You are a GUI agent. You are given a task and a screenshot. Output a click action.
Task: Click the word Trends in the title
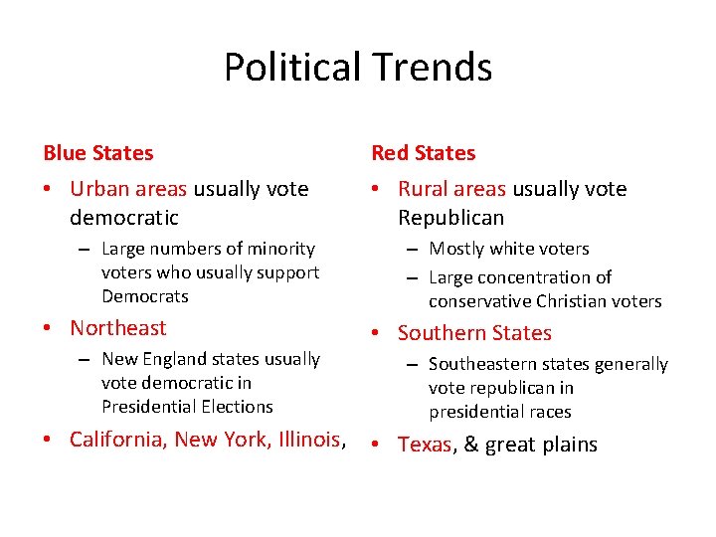(431, 68)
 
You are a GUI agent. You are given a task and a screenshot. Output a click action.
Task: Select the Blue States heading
(98, 153)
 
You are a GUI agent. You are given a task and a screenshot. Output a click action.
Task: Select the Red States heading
(424, 153)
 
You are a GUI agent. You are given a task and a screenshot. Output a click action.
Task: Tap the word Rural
(423, 189)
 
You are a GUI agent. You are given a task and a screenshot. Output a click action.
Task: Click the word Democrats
(144, 296)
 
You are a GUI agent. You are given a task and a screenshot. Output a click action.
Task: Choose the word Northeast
(118, 328)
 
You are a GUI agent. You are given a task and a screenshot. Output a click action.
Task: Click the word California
(118, 440)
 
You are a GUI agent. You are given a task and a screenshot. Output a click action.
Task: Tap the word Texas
(425, 445)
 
